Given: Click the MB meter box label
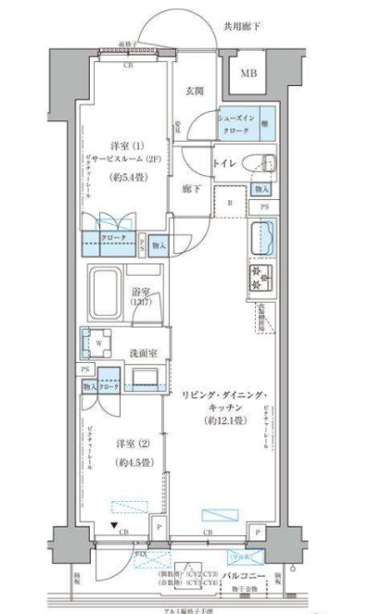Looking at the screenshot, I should pos(250,74).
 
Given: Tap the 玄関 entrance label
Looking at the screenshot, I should pos(194,90).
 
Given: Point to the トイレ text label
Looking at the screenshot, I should pos(224,164).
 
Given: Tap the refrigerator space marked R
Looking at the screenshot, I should pos(229,201).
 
